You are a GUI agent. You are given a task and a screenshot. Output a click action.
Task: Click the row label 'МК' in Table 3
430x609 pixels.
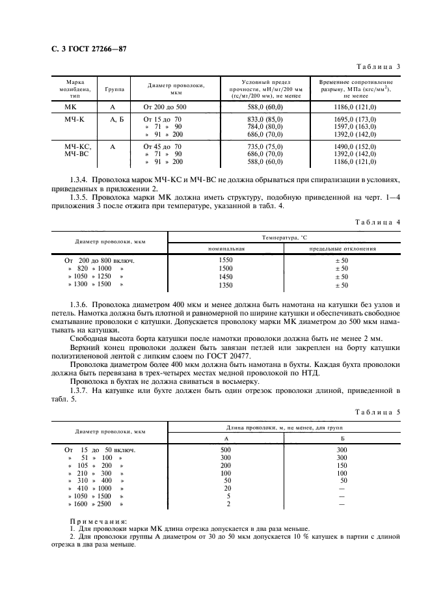[70, 106]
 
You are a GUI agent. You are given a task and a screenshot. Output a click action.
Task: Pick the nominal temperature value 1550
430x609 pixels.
[226, 260]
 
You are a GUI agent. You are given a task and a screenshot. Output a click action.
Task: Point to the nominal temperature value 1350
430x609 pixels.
[226, 285]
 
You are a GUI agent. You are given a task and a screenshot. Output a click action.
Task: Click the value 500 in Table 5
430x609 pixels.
[226, 450]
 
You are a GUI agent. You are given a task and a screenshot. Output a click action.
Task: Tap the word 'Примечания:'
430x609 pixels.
[99, 521]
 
